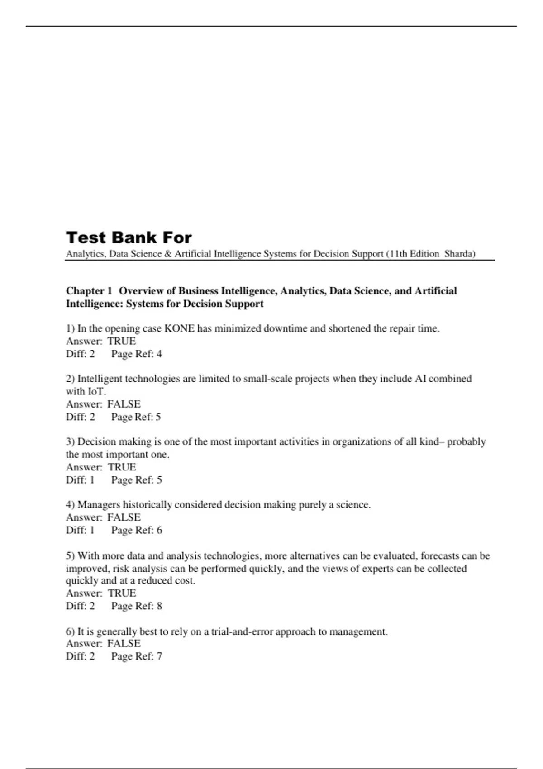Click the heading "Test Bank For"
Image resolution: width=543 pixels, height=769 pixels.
129,237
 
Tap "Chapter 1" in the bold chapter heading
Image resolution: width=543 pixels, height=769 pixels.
89,291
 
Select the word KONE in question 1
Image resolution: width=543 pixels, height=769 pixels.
179,328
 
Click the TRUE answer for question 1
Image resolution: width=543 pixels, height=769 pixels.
122,341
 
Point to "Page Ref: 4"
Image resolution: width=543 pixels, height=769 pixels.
137,354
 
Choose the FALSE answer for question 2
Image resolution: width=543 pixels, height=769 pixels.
124,404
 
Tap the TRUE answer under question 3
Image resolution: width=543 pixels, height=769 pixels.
122,467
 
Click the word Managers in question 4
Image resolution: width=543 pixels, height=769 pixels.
99,505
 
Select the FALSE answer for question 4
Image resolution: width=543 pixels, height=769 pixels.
124,517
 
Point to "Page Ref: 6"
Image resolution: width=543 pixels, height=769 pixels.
137,530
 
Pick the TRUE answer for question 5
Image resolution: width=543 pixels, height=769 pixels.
122,593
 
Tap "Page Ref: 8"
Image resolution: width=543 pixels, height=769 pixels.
137,606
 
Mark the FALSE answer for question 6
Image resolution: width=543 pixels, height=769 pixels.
124,643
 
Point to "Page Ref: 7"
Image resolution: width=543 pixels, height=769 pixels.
137,656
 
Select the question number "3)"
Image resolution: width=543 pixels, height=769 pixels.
70,441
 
